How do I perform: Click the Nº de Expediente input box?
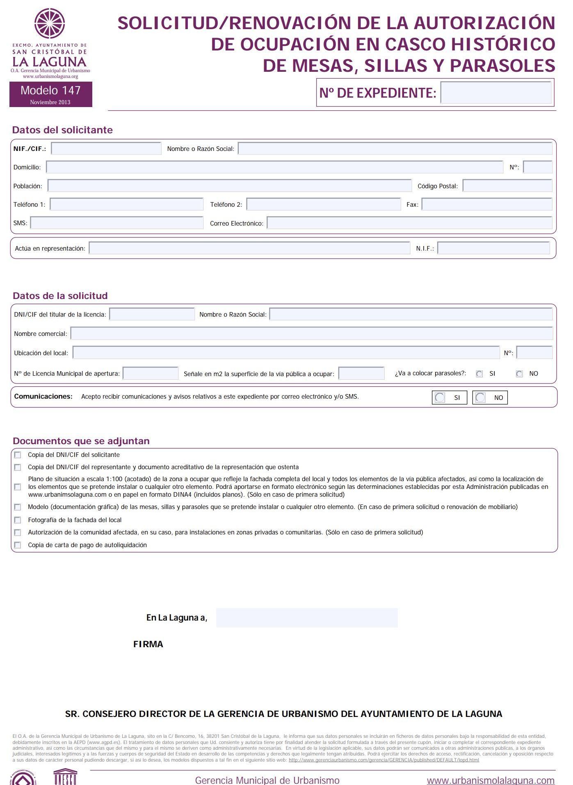pyautogui.click(x=495, y=93)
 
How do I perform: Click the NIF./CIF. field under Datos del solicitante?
pyautogui.click(x=106, y=148)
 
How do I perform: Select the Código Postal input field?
pyautogui.click(x=507, y=186)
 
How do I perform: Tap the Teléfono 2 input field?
pyautogui.click(x=323, y=204)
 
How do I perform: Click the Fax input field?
pyautogui.click(x=486, y=204)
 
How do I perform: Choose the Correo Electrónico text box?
pyautogui.click(x=409, y=223)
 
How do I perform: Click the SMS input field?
pyautogui.click(x=116, y=223)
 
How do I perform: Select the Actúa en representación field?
pyautogui.click(x=249, y=248)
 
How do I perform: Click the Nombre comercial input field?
pyautogui.click(x=311, y=333)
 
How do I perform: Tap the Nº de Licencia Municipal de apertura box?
pyautogui.click(x=151, y=373)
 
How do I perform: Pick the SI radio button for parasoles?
pyautogui.click(x=479, y=374)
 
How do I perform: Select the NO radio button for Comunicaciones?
pyautogui.click(x=480, y=397)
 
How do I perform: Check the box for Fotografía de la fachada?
pyautogui.click(x=18, y=520)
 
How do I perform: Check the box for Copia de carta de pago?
pyautogui.click(x=18, y=545)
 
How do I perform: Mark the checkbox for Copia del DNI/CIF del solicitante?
pyautogui.click(x=18, y=455)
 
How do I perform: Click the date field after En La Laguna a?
pyautogui.click(x=306, y=618)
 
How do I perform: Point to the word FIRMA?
pyautogui.click(x=148, y=644)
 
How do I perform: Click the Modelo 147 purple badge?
pyautogui.click(x=50, y=94)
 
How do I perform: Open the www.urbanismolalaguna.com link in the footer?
pyautogui.click(x=490, y=780)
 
